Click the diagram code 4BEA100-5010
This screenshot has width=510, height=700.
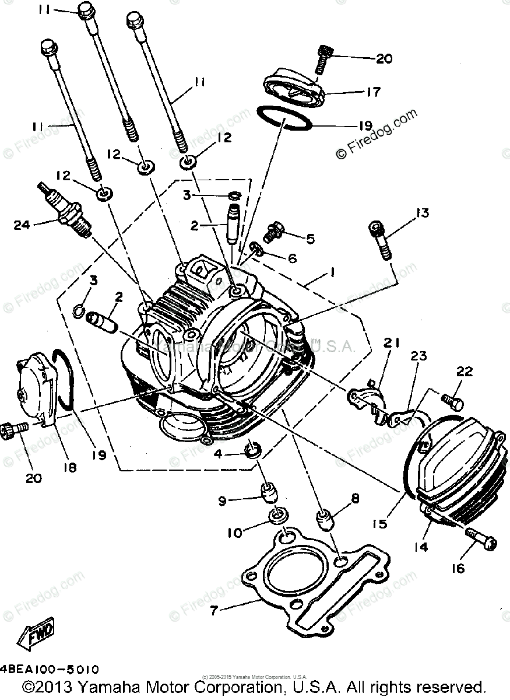tap(50, 669)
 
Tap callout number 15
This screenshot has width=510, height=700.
tap(381, 524)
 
